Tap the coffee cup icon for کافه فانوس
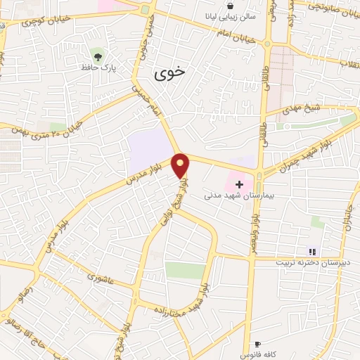tap(257, 344)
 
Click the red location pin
tap(181, 166)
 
